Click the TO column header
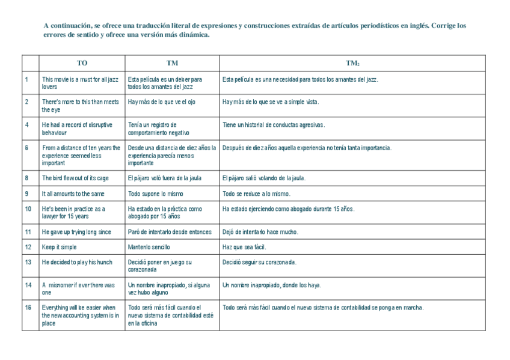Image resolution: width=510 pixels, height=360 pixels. click(82, 63)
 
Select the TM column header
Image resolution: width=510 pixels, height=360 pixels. click(172, 63)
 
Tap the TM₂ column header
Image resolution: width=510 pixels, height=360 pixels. click(352, 63)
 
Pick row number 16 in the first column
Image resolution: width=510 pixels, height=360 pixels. click(28, 308)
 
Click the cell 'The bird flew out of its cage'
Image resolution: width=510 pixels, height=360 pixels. click(75, 178)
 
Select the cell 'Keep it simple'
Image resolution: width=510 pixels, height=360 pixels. click(60, 247)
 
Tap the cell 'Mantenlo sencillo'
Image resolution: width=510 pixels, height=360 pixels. click(149, 247)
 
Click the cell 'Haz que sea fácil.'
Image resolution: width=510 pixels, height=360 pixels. click(244, 247)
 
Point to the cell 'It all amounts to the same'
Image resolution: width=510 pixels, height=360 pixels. click(73, 194)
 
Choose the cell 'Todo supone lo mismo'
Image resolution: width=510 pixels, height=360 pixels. click(156, 194)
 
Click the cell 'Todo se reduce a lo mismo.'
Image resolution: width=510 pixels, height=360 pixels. click(256, 194)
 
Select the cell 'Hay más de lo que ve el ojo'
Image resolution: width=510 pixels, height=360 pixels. click(162, 102)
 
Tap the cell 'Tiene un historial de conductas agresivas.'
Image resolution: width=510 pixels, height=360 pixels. click(274, 125)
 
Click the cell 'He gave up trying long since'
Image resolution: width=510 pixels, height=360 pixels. click(76, 232)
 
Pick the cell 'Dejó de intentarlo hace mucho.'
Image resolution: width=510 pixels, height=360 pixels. click(260, 232)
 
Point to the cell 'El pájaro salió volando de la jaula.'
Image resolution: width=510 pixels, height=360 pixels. click(264, 178)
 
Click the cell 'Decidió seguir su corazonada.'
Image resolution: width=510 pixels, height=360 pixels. click(259, 263)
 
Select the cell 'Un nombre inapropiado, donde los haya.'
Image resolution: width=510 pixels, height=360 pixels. click(272, 285)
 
